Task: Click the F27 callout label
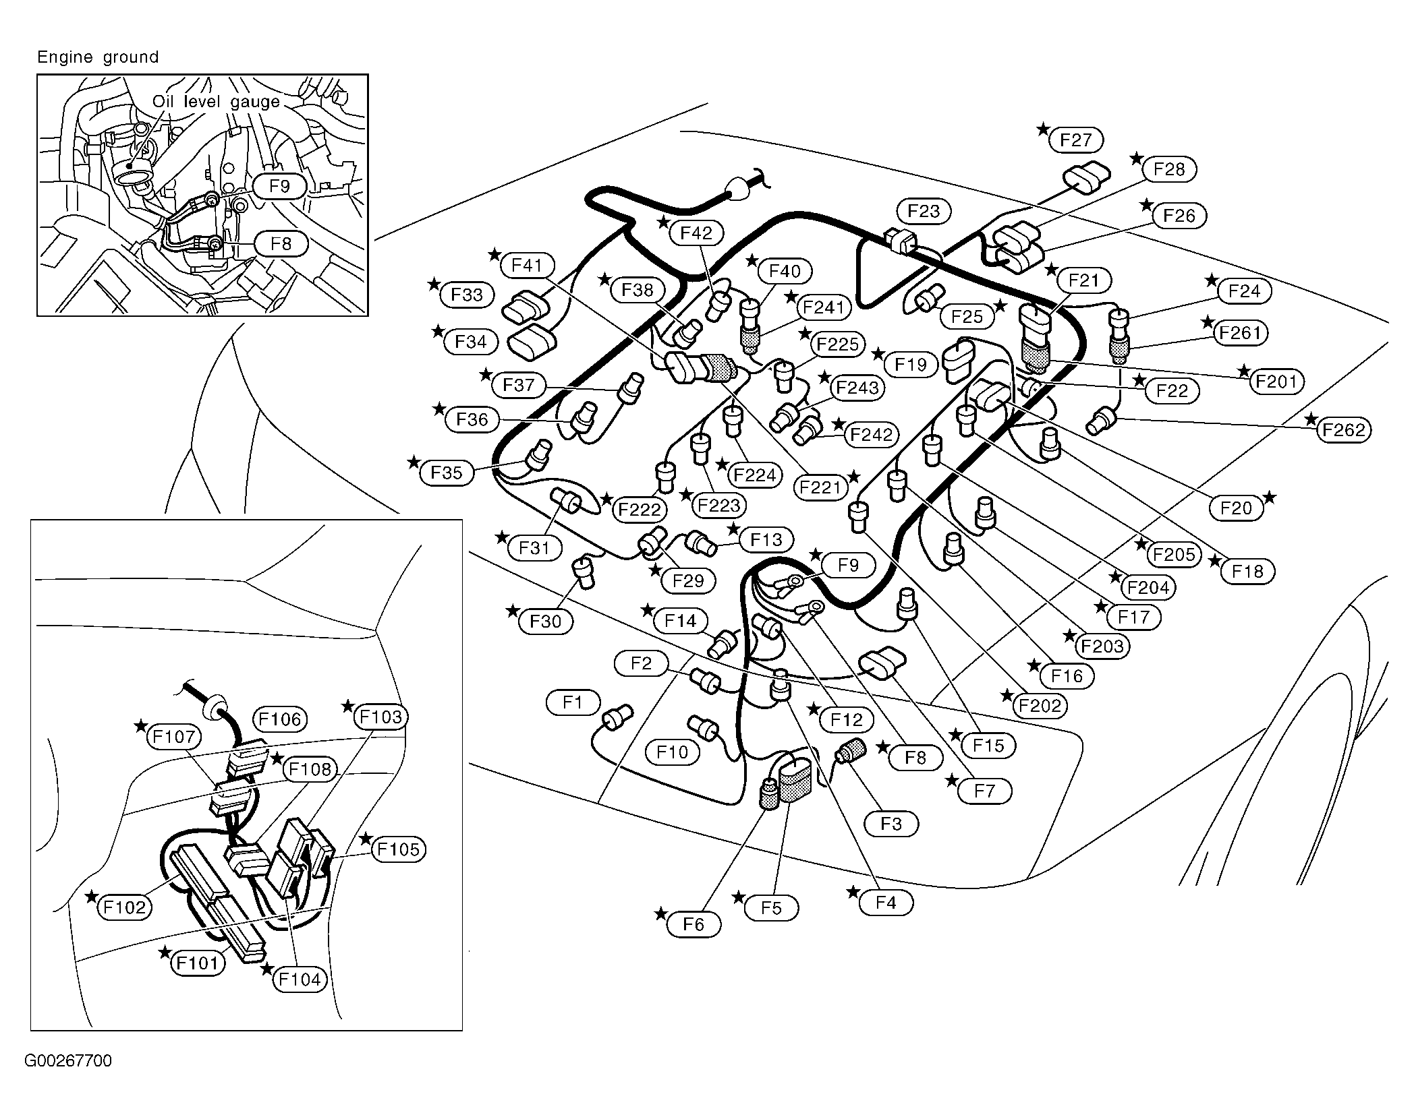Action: point(1075,140)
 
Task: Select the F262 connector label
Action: point(1343,429)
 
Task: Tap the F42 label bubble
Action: point(696,233)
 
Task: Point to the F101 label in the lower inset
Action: point(197,963)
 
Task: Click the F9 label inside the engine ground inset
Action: point(279,186)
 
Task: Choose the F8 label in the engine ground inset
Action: point(281,243)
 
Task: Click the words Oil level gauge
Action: point(216,102)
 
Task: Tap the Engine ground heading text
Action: point(98,57)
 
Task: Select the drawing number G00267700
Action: point(68,1060)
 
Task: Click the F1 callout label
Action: point(573,702)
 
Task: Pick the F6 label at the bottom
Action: point(693,924)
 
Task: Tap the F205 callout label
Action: point(1174,554)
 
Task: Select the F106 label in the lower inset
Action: point(280,719)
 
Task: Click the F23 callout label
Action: point(924,211)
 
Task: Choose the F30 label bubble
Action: point(545,621)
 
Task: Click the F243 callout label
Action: point(857,388)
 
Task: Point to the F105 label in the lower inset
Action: point(399,849)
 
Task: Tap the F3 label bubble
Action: point(890,824)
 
